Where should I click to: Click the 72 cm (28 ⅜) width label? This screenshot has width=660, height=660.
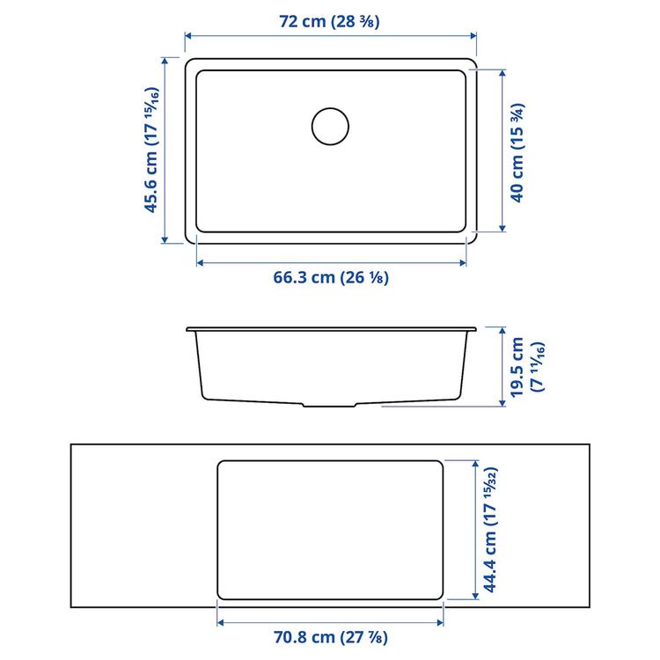(x=329, y=23)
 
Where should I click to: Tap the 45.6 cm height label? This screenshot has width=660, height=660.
(x=153, y=151)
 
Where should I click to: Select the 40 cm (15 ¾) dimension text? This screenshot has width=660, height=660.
(x=518, y=152)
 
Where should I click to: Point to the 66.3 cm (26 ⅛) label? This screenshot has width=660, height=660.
(x=331, y=278)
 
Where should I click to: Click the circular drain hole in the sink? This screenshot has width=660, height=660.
(x=331, y=126)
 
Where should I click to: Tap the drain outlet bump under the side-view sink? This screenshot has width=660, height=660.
(x=331, y=406)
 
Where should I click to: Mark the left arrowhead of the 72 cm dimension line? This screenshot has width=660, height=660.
(x=187, y=36)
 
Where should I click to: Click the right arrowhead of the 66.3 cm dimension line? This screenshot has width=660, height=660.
(x=463, y=262)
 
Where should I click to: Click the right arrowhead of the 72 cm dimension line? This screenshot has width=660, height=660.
(x=473, y=36)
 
